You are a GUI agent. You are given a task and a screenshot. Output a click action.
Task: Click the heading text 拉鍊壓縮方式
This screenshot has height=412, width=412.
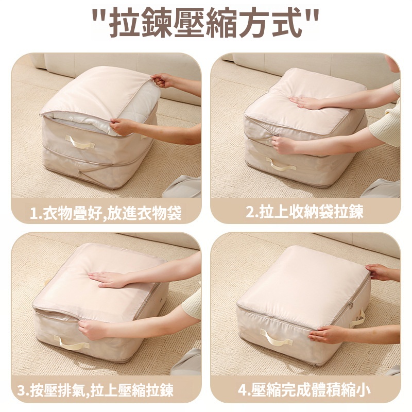click(205, 23)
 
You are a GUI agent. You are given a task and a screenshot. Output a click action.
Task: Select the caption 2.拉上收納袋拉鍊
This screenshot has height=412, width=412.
click(305, 212)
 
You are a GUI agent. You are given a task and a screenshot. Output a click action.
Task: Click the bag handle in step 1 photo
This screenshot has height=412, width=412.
click(80, 142)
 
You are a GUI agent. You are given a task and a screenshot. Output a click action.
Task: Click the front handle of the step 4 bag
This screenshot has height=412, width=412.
click(276, 338)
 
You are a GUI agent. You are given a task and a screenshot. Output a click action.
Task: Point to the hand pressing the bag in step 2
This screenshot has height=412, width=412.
click(305, 102)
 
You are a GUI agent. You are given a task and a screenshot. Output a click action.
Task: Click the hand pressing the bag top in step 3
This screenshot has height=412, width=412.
click(108, 280)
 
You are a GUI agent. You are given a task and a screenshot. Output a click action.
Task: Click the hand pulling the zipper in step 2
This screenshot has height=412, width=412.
click(283, 145)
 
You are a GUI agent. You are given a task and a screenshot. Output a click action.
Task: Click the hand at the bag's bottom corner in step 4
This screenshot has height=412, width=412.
click(324, 335)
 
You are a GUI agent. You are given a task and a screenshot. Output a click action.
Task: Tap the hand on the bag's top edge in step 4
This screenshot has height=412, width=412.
click(379, 272)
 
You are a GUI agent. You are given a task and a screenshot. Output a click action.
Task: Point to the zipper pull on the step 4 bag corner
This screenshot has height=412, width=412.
click(351, 305)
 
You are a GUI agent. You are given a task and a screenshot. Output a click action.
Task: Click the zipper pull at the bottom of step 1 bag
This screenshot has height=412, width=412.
click(79, 175)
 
